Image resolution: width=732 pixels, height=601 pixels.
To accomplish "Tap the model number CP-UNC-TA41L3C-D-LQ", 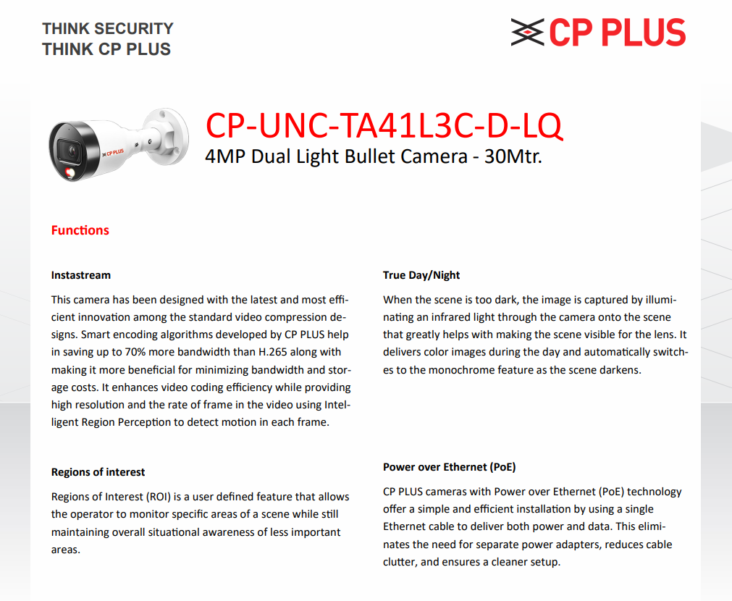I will [x=384, y=125].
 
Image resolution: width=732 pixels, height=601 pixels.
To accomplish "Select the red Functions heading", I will [x=80, y=230].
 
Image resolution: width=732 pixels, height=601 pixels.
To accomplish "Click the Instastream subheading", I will [x=81, y=275].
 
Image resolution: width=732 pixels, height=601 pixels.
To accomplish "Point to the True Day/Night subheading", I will [x=421, y=275].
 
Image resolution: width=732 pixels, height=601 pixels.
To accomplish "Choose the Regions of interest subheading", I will [x=98, y=472].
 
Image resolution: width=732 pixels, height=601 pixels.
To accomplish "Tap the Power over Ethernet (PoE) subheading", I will [x=449, y=467].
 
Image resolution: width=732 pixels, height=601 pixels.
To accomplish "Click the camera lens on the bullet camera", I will [x=72, y=151].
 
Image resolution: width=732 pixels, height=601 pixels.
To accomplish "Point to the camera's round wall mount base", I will [x=172, y=130].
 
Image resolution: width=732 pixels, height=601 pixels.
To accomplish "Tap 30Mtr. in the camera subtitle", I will [x=518, y=156].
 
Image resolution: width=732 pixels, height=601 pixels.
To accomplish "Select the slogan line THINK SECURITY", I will [x=108, y=29].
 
